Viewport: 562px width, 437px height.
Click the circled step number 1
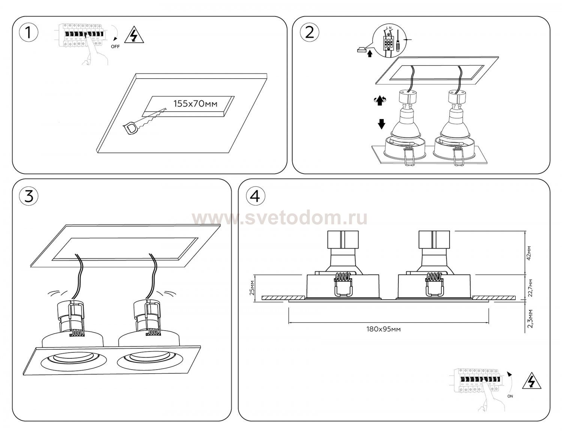(28, 33)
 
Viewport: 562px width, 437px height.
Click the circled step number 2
(309, 33)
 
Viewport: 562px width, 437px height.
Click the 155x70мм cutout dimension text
(195, 104)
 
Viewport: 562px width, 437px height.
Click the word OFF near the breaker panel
(115, 47)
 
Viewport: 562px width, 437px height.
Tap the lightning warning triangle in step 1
(134, 36)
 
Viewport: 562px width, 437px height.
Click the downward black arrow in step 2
(381, 124)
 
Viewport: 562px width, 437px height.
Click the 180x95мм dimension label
(384, 329)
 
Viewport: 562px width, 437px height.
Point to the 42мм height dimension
(529, 253)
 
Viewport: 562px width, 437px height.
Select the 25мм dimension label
(253, 287)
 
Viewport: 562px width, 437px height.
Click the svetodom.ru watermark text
(280, 218)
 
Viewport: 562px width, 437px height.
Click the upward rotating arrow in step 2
(380, 100)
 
